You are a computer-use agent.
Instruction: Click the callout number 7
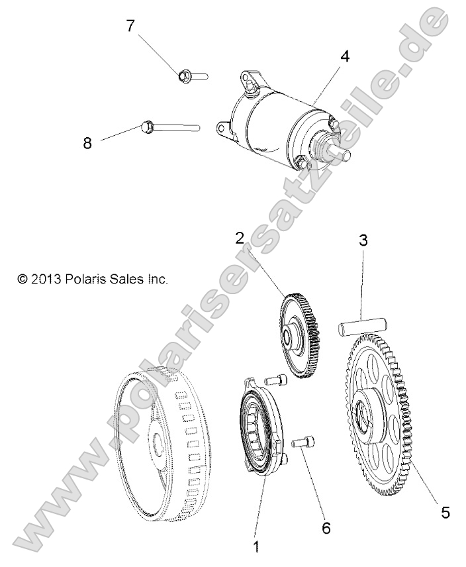(130, 26)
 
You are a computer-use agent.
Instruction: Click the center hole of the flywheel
(161, 441)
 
